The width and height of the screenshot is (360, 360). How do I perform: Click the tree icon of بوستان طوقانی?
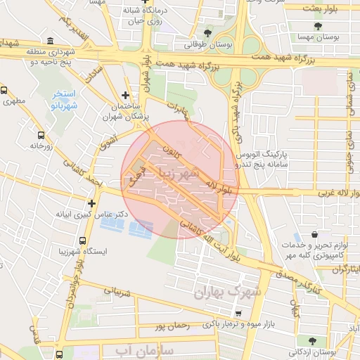click(x=207, y=32)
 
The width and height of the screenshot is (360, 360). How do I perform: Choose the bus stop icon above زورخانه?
click(x=41, y=134)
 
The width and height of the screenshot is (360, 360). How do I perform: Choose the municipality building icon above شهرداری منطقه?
click(x=49, y=41)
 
